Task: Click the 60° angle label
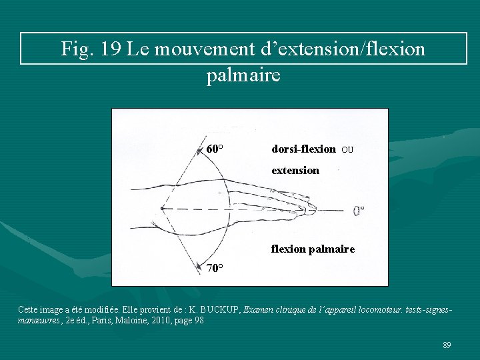point(215,149)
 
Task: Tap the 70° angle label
point(215,269)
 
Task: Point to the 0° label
point(359,211)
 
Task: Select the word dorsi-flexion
point(303,149)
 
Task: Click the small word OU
point(347,150)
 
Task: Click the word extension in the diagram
point(295,170)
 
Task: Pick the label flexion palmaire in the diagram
point(313,249)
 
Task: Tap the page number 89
point(447,345)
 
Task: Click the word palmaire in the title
point(243,75)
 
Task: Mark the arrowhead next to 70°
point(200,268)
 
